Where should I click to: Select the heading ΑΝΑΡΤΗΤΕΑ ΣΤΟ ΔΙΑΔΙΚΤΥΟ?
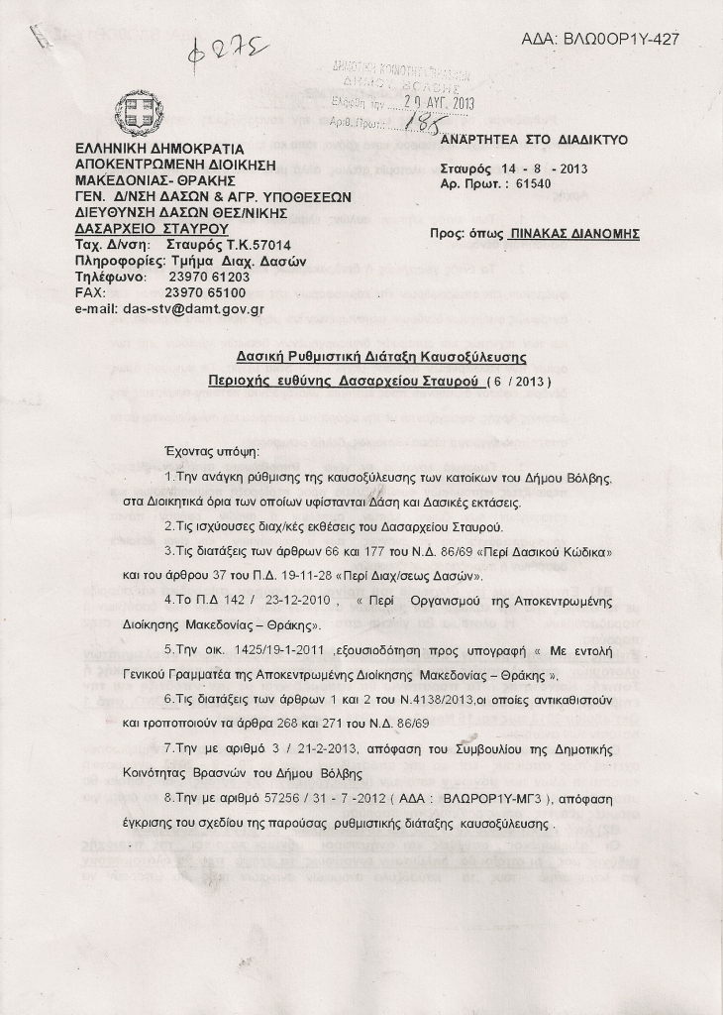(534, 140)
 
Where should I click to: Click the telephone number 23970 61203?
(210, 278)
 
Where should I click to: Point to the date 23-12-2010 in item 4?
(292, 600)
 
